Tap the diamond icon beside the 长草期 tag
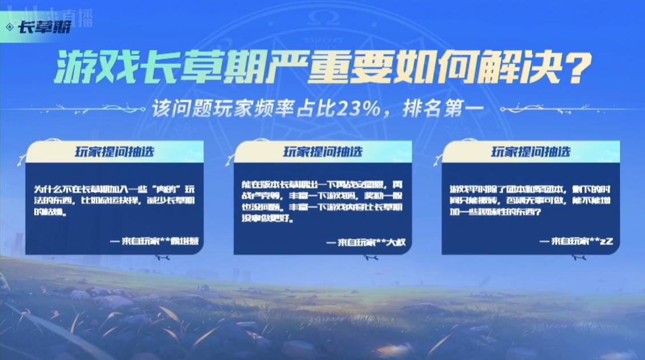point(10,27)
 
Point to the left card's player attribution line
point(157,241)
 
